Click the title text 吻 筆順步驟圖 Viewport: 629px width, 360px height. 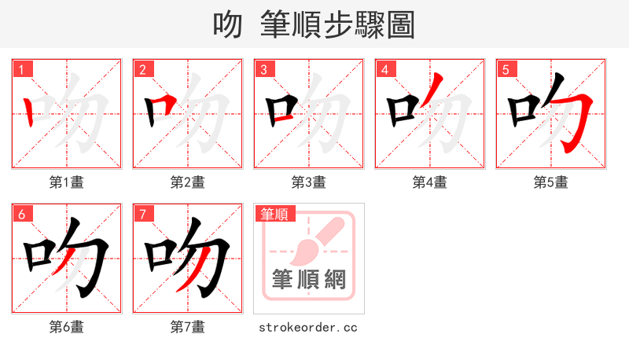(x=314, y=25)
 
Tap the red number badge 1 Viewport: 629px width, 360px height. (x=21, y=70)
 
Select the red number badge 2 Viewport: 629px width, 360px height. (x=142, y=70)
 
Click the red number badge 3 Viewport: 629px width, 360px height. (x=263, y=70)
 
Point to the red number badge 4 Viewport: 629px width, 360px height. (x=384, y=70)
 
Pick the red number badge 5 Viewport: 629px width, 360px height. (x=506, y=70)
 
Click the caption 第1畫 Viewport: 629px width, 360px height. (x=67, y=182)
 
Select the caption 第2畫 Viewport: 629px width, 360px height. (x=188, y=182)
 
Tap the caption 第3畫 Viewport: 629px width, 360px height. (x=309, y=182)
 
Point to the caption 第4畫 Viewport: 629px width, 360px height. (x=430, y=182)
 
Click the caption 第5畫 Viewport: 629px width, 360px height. (x=551, y=182)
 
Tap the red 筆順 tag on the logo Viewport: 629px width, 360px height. (x=274, y=214)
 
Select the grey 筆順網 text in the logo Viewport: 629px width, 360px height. (x=308, y=280)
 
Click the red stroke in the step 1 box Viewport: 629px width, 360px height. (x=29, y=112)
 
